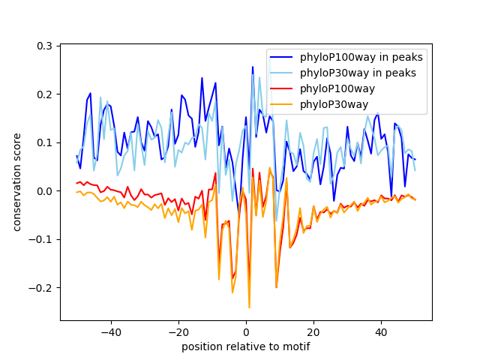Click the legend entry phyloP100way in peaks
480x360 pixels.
click(x=361, y=57)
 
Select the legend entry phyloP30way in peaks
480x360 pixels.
click(x=358, y=73)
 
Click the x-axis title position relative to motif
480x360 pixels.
click(x=245, y=346)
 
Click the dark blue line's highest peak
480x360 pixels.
click(x=252, y=67)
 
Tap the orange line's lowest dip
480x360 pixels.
click(x=249, y=307)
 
